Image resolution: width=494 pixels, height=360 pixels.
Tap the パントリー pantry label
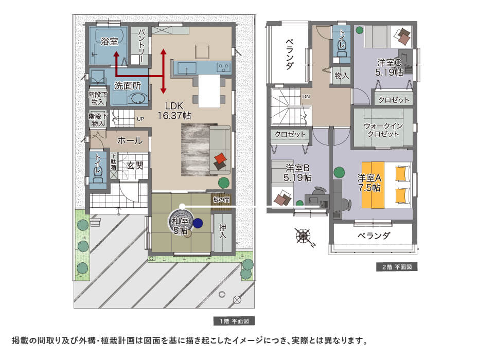coord(140,46)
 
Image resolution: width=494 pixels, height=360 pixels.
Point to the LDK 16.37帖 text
coord(174,110)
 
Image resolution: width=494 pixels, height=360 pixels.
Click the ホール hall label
coord(130,140)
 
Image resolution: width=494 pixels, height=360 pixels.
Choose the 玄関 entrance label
coord(138,166)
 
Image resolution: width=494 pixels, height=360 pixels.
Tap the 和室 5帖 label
coord(180,226)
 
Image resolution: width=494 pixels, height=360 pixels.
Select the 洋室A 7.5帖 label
coord(370,183)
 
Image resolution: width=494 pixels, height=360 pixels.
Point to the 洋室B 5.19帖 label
coord(297,173)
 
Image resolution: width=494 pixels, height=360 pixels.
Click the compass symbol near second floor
coord(304,237)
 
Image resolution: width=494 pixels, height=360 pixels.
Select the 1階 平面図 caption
coord(234,321)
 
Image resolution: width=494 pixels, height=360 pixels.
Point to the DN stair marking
coord(306,97)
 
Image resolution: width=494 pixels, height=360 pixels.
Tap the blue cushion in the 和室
coord(198,223)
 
